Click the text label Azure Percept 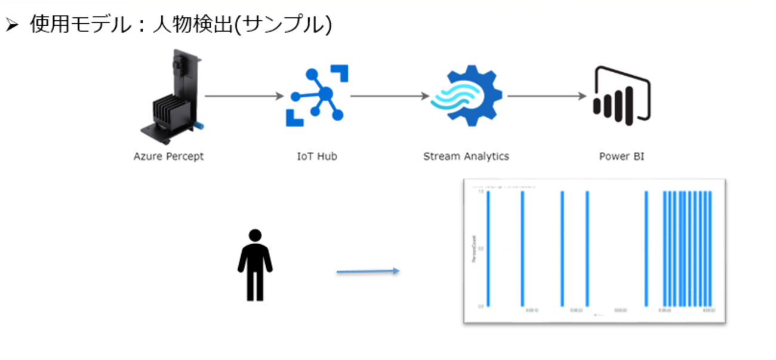[x=168, y=156]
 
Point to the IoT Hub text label [x=318, y=156]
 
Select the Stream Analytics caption [x=466, y=156]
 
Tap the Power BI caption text [x=621, y=156]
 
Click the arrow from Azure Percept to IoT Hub [x=244, y=96]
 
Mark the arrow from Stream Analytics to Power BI [x=547, y=96]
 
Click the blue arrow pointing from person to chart [x=368, y=272]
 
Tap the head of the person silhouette [x=255, y=235]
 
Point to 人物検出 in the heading [x=193, y=24]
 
